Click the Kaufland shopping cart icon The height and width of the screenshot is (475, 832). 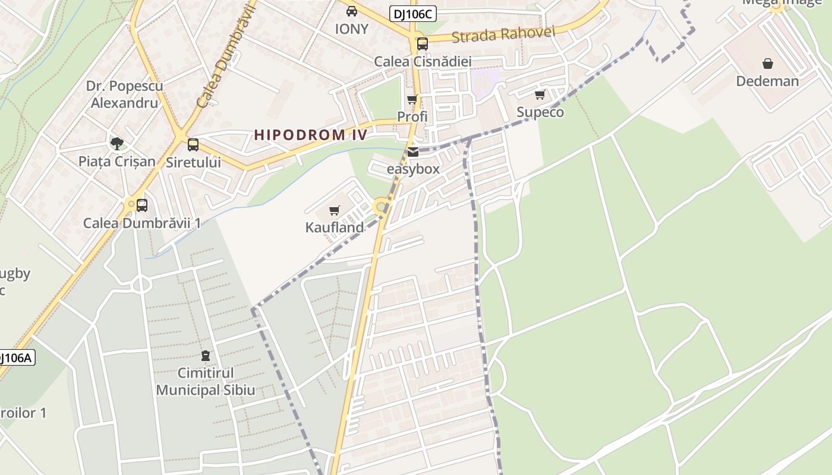coord(335,210)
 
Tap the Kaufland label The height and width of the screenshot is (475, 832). coord(335,227)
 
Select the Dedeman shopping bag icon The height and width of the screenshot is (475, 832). coord(768,64)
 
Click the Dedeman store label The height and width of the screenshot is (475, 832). coord(767,81)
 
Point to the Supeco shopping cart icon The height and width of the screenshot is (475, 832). coord(540,94)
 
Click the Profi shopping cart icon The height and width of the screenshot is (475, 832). coord(412,99)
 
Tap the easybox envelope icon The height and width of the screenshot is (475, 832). coord(413,152)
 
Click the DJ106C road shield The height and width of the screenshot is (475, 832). coord(413,14)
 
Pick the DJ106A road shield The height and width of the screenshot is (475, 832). coord(16,357)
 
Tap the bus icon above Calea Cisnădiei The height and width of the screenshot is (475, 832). coord(422,43)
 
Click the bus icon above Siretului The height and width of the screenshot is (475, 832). coord(193,144)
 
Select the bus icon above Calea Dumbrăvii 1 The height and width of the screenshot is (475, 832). coord(141,205)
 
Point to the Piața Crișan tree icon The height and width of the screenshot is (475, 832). coord(117,143)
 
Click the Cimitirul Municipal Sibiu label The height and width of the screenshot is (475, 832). coord(206,382)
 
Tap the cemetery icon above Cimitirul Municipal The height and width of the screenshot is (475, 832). coord(206,356)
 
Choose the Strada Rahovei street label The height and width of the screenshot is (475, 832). coord(503,34)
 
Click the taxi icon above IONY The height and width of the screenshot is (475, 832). coord(352,11)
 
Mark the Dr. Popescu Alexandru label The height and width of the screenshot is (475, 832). coord(124,94)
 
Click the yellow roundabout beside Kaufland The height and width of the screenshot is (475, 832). coord(380,207)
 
